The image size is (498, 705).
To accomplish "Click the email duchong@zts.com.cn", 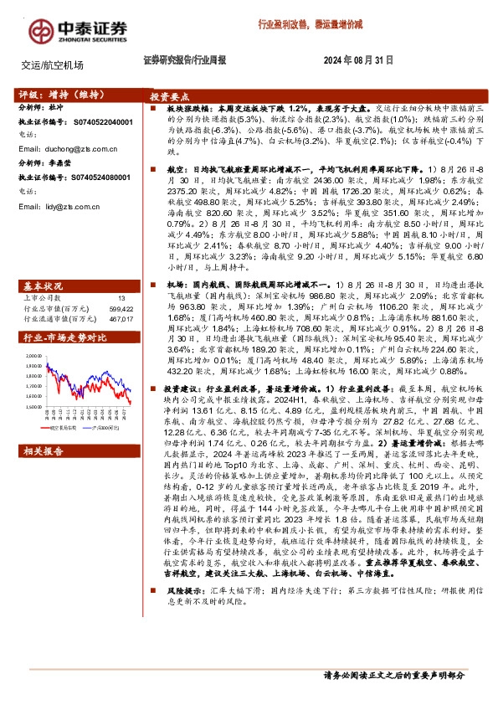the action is coord(60,148).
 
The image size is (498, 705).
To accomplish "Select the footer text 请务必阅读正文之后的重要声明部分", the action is coord(393,674).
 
